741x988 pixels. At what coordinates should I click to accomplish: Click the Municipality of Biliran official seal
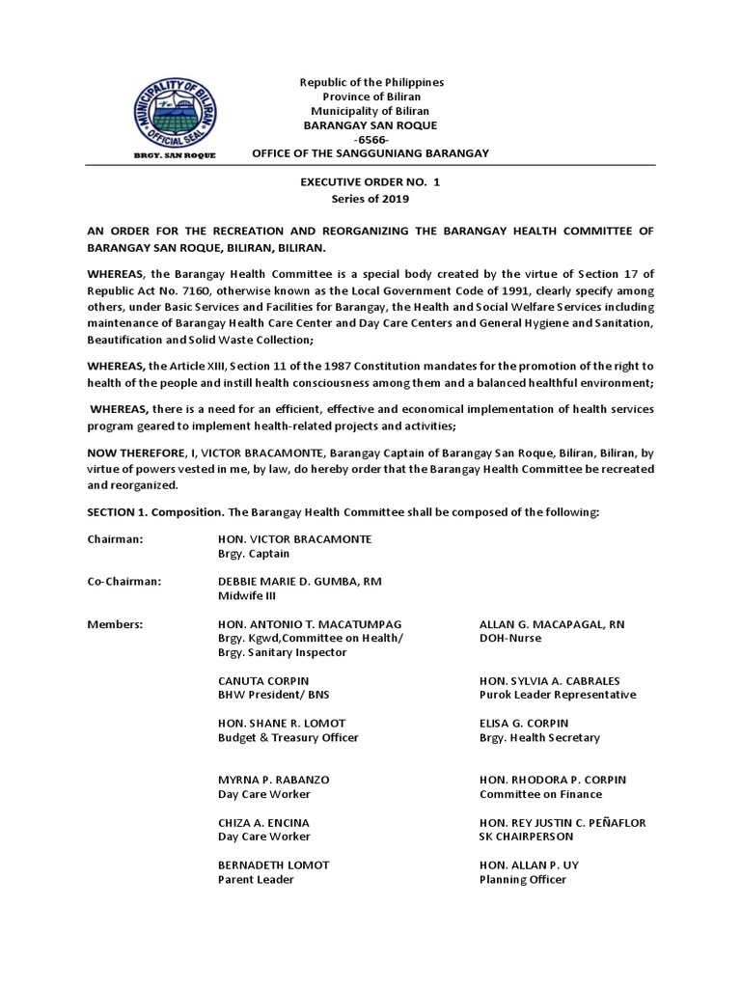click(174, 110)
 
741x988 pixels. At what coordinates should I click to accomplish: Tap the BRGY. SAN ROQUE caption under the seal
click(174, 154)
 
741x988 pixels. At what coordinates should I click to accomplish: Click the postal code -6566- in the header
click(370, 139)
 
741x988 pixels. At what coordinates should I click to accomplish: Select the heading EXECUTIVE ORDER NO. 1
click(370, 181)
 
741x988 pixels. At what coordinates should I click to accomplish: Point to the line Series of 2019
click(370, 199)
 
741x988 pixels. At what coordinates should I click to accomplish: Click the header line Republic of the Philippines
click(370, 83)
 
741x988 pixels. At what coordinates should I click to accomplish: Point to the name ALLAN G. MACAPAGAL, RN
click(552, 624)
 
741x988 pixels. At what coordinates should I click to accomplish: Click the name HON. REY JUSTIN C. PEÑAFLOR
click(563, 822)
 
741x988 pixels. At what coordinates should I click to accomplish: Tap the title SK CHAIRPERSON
click(526, 837)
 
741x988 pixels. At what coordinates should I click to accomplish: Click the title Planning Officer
click(523, 879)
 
